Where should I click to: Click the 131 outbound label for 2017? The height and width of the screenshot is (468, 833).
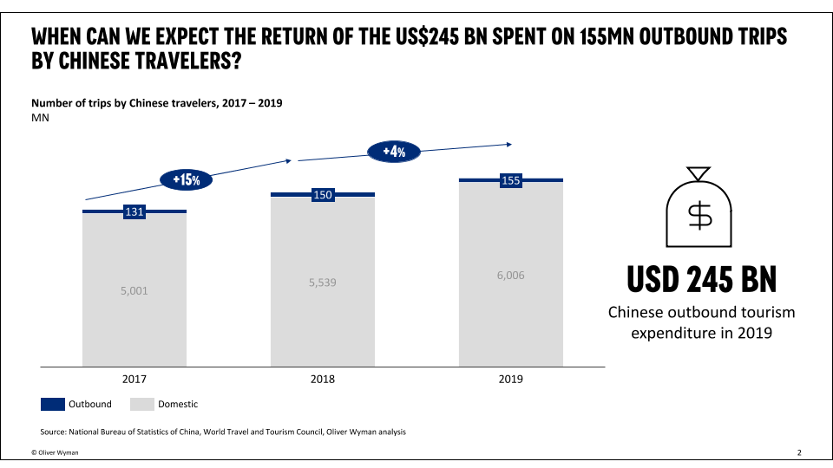pyautogui.click(x=134, y=212)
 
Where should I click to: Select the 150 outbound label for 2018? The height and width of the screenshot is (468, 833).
pyautogui.click(x=323, y=195)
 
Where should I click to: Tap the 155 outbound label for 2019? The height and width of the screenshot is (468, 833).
pyautogui.click(x=511, y=181)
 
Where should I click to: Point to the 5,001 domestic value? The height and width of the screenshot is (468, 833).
pyautogui.click(x=134, y=291)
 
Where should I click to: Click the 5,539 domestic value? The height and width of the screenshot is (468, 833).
pyautogui.click(x=322, y=283)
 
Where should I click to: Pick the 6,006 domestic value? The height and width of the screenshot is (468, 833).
pyautogui.click(x=510, y=276)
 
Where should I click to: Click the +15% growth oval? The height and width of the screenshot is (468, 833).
pyautogui.click(x=187, y=180)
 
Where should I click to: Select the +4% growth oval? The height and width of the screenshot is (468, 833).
pyautogui.click(x=394, y=152)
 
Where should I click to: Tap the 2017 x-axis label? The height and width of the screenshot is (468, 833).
pyautogui.click(x=134, y=379)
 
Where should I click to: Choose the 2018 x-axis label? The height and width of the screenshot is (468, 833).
pyautogui.click(x=322, y=379)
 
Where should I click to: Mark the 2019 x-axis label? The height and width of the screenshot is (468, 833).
pyautogui.click(x=510, y=379)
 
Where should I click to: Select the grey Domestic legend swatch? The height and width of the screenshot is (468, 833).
pyautogui.click(x=141, y=404)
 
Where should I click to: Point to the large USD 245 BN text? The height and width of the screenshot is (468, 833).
pyautogui.click(x=701, y=279)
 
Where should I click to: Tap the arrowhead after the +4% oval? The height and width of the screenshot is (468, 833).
pyautogui.click(x=509, y=144)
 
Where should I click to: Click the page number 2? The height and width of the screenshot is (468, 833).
pyautogui.click(x=799, y=452)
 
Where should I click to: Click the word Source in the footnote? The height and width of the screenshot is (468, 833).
pyautogui.click(x=55, y=432)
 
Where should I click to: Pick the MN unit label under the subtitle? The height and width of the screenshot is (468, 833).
pyautogui.click(x=40, y=118)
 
